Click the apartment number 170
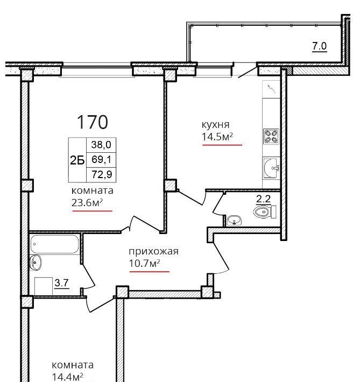(x=93, y=122)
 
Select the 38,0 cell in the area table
(x=101, y=145)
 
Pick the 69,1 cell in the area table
(x=101, y=160)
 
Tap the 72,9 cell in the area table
(x=101, y=175)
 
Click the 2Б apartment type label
(x=77, y=160)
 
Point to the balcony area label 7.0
(x=320, y=46)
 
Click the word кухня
(x=215, y=125)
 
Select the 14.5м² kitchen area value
(x=217, y=137)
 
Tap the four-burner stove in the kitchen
(x=271, y=136)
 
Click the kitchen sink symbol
(x=271, y=168)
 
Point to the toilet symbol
(x=265, y=212)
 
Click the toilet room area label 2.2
(x=264, y=199)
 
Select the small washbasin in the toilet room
(x=234, y=220)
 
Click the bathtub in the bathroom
(x=54, y=244)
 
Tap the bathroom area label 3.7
(x=62, y=283)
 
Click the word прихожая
(x=153, y=251)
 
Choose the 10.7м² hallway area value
(x=145, y=263)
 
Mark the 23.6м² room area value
(x=87, y=202)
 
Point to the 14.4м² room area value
(x=67, y=377)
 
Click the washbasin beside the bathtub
(x=36, y=263)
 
